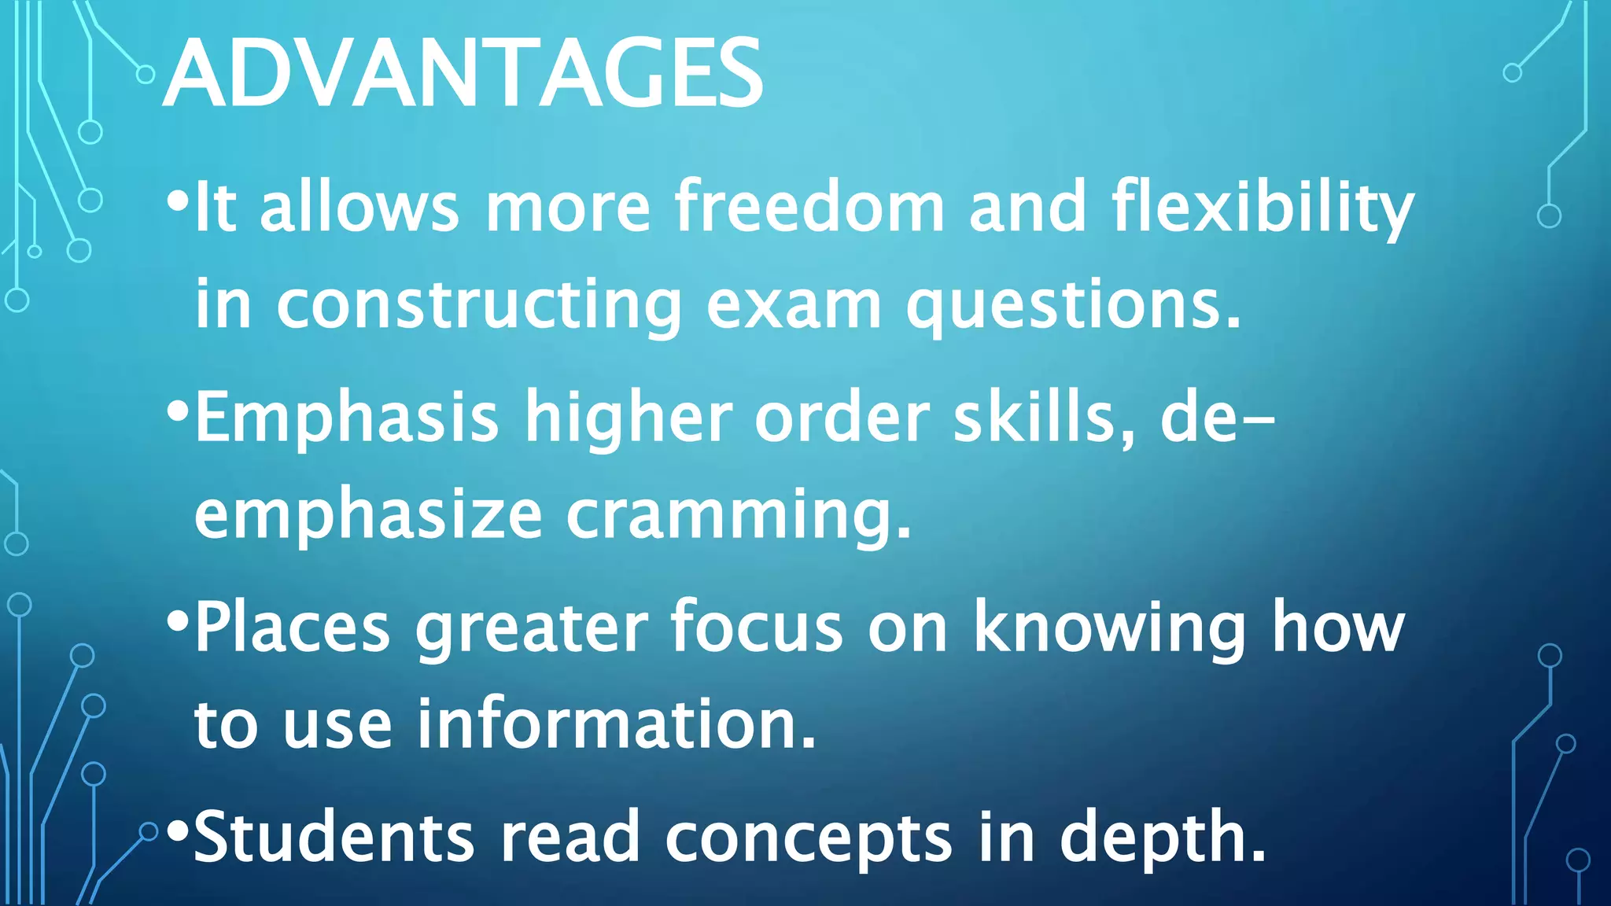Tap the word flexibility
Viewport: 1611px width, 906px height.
1262,208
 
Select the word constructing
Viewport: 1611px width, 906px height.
478,305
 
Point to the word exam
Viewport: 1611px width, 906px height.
794,305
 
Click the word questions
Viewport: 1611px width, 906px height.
1073,305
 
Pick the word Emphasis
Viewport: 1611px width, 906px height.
346,418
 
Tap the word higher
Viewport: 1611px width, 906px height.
629,418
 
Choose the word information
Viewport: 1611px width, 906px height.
616,724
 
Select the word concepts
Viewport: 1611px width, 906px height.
809,838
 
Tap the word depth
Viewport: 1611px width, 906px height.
1162,838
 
